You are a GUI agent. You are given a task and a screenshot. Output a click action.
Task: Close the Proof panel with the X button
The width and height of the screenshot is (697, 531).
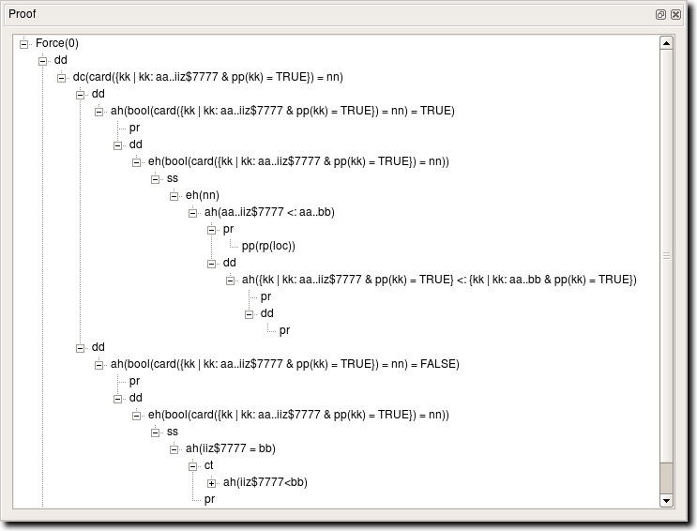(675, 15)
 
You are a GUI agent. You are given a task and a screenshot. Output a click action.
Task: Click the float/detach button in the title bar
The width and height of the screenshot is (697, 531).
(661, 15)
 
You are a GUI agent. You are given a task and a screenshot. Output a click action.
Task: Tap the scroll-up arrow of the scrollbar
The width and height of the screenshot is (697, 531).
(666, 42)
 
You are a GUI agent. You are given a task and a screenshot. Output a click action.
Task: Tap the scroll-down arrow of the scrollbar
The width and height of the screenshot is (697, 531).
(666, 501)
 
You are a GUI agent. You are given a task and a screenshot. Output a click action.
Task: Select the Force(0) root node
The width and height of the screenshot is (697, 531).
(57, 43)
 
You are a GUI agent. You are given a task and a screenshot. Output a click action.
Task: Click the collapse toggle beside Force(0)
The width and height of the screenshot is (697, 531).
(24, 43)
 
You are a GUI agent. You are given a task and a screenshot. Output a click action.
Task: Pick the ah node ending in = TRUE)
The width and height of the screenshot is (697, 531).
(282, 111)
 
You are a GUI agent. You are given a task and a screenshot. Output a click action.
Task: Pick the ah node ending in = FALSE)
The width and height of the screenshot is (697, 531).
(284, 364)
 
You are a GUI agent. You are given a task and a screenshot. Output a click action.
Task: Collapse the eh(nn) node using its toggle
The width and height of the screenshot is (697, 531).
(174, 195)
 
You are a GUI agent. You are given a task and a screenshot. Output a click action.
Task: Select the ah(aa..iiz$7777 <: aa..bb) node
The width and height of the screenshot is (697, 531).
(269, 212)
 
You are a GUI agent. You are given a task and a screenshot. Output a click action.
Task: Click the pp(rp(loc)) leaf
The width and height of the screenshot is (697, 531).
(268, 246)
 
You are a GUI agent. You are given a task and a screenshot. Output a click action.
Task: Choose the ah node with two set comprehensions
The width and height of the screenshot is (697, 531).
(439, 280)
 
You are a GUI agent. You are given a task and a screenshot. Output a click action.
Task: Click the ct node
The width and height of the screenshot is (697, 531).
(209, 465)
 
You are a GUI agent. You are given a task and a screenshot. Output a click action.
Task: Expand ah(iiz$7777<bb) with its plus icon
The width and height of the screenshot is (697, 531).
(212, 482)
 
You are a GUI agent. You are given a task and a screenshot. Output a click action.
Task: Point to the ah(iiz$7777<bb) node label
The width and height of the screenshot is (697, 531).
(265, 482)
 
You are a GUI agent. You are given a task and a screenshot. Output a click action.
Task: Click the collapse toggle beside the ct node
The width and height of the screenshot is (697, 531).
(193, 465)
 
